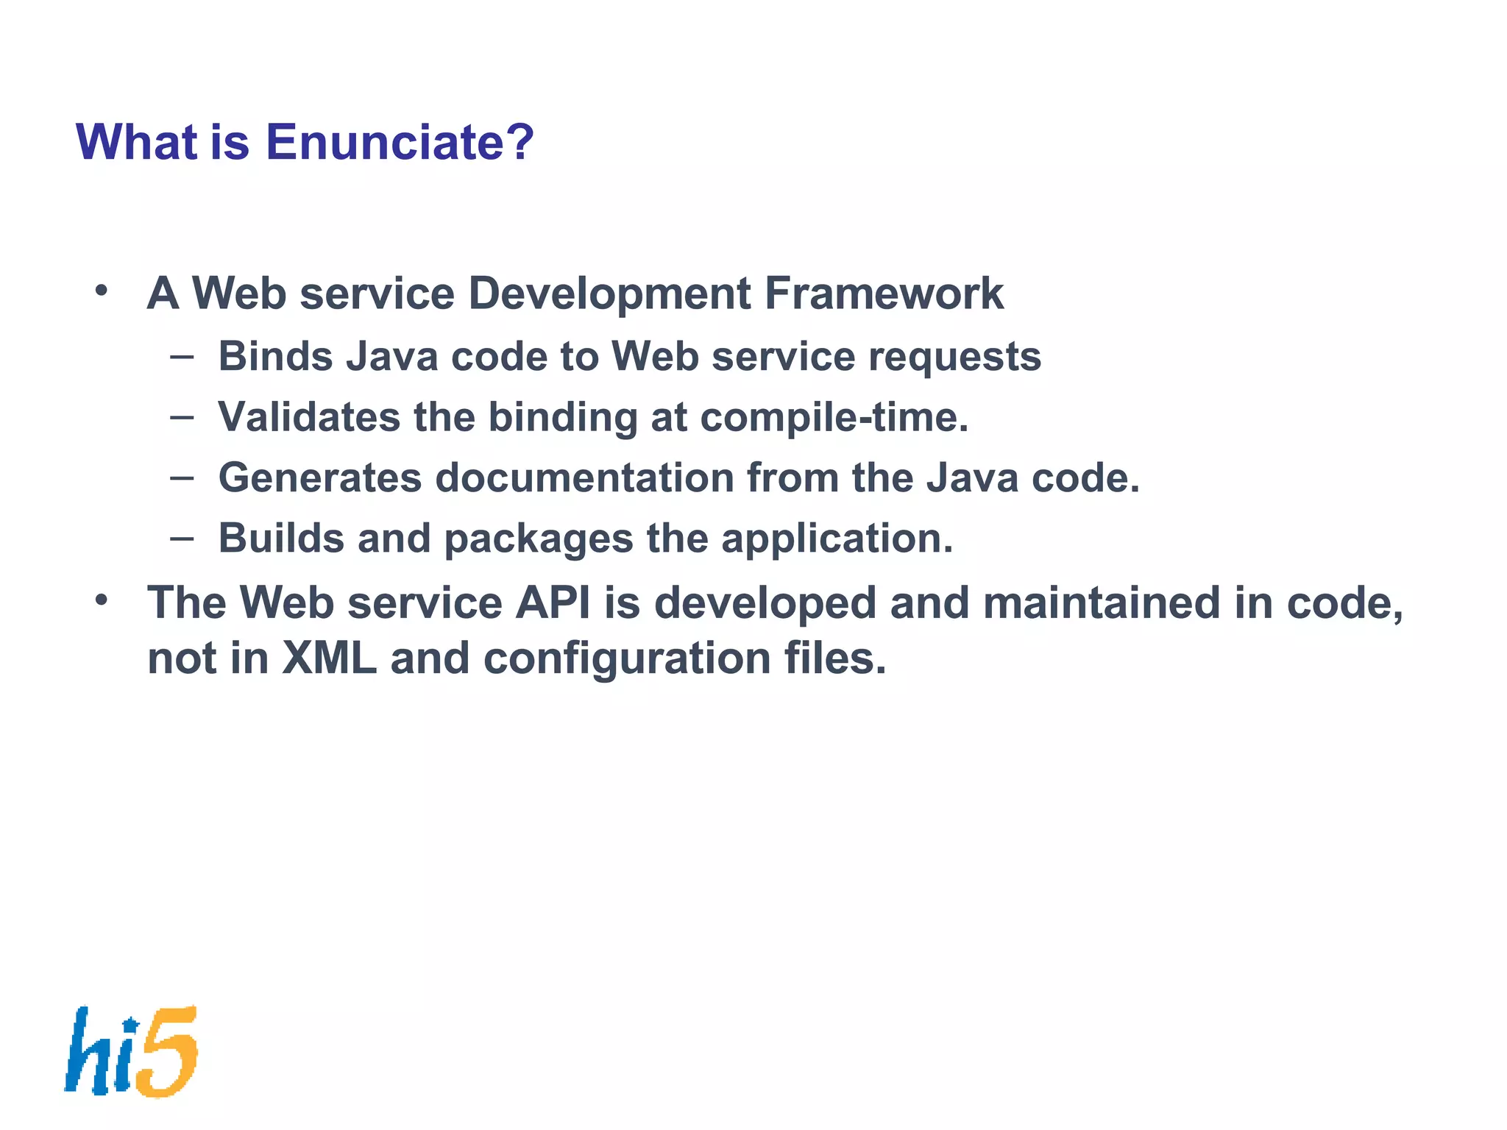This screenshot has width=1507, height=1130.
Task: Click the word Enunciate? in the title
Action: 399,142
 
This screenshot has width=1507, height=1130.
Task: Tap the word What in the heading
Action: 136,142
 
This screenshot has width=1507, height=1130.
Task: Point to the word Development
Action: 609,294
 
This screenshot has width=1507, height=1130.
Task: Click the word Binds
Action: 276,357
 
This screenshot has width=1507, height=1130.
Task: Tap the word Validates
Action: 309,417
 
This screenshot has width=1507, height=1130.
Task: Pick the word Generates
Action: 320,478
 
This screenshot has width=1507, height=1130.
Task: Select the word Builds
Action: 281,539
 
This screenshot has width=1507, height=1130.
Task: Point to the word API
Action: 553,603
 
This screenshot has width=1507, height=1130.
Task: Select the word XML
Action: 329,658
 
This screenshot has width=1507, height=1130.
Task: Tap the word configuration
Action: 627,659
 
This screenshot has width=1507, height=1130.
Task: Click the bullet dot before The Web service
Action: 102,600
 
